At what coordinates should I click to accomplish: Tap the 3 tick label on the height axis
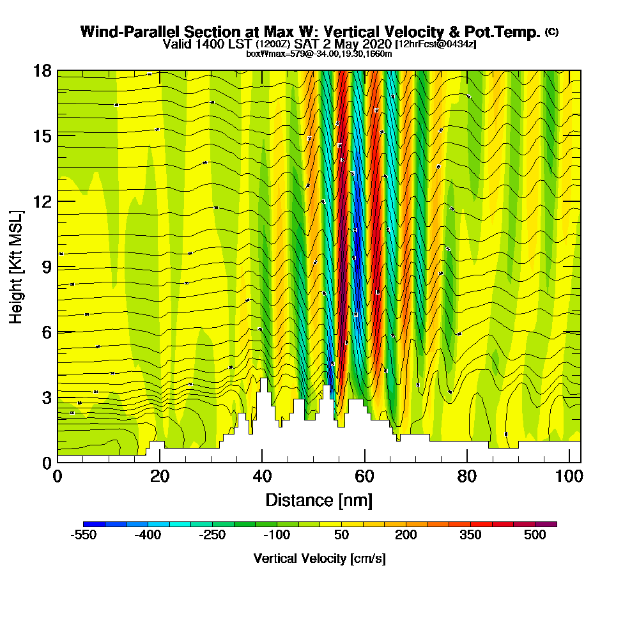[x=46, y=397]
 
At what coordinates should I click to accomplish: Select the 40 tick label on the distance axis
[x=262, y=477]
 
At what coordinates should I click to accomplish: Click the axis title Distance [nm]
[x=319, y=500]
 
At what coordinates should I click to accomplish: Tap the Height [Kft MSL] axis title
[x=16, y=266]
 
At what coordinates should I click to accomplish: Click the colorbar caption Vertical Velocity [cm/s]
[x=319, y=558]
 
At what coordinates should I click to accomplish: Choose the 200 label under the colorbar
[x=406, y=535]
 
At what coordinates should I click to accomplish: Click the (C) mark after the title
[x=551, y=32]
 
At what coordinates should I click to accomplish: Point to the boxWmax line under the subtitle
[x=319, y=54]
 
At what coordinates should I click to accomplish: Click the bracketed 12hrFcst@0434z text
[x=436, y=44]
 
